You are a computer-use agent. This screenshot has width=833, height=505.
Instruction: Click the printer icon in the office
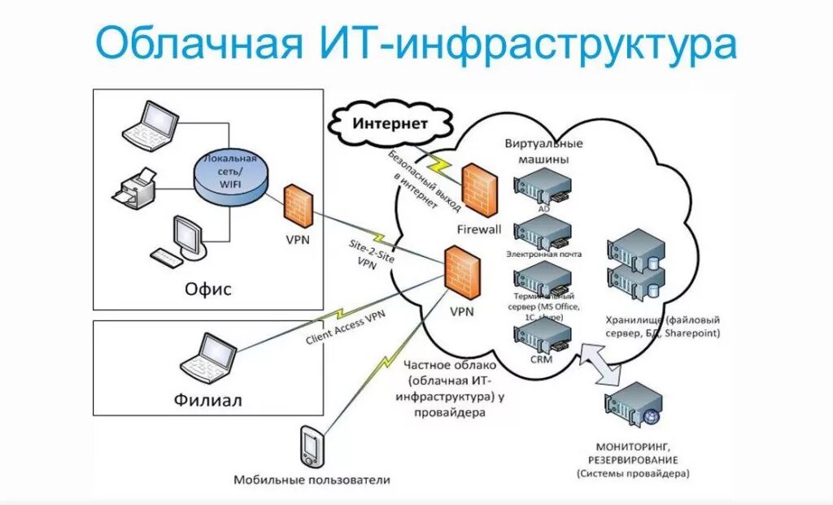132,188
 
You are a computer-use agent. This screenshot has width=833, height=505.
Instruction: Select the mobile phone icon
311,445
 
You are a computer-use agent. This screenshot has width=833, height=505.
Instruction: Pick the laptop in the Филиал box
208,358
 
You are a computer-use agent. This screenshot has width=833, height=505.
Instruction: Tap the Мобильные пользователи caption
312,480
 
